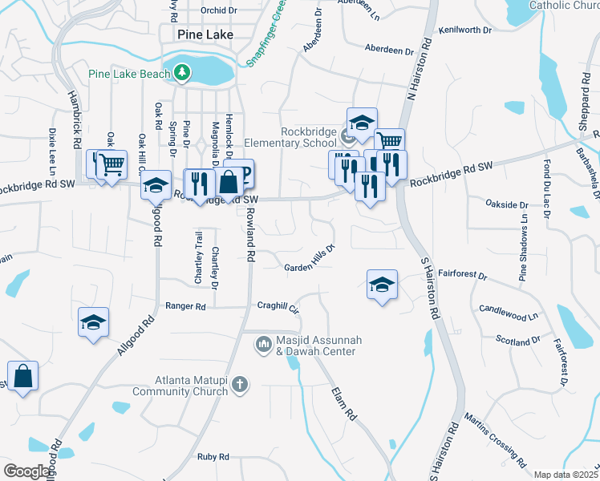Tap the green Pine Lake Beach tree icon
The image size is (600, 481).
point(183,74)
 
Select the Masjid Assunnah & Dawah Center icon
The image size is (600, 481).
point(263,346)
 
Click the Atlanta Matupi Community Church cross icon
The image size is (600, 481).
point(239,386)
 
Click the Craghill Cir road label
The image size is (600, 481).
point(278,307)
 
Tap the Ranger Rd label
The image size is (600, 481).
point(185,306)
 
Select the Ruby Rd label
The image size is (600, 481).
point(213,456)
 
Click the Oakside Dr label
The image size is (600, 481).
point(508,204)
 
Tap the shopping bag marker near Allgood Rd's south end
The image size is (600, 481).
point(23,376)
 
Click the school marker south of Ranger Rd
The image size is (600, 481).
point(94,323)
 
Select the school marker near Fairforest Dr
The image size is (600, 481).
point(382,285)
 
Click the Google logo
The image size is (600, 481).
point(26,471)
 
